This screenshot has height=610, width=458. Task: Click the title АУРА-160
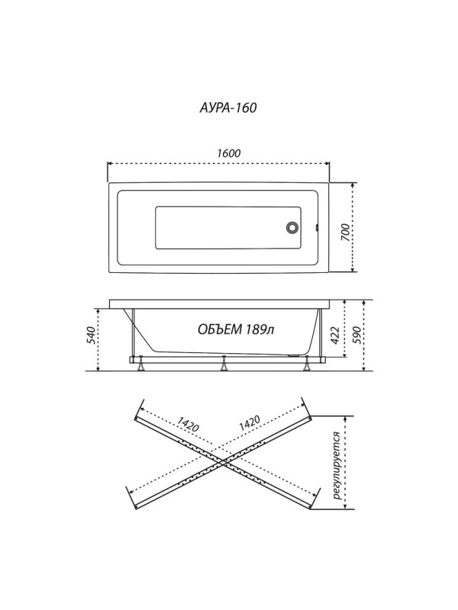(x=228, y=108)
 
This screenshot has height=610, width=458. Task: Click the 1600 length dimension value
(x=228, y=153)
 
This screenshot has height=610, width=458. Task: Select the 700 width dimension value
(x=346, y=232)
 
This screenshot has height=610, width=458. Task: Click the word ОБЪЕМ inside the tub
(x=220, y=329)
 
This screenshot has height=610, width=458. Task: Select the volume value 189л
(x=260, y=329)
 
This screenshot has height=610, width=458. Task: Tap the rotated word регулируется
(x=337, y=466)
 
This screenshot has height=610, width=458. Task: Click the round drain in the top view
(x=292, y=227)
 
